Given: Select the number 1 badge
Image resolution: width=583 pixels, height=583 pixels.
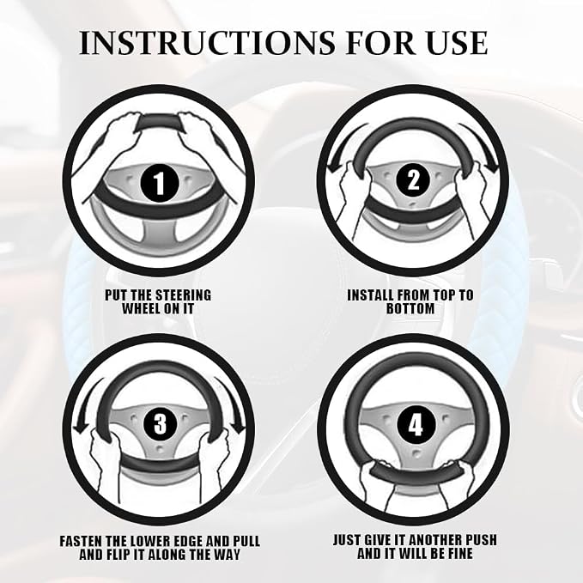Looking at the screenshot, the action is coord(159,183).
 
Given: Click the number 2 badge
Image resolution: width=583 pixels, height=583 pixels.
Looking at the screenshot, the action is coord(413,181).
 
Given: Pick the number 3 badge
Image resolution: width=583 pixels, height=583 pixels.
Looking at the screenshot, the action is coord(161,424).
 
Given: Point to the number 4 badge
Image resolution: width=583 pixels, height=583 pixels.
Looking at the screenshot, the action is coord(416,425).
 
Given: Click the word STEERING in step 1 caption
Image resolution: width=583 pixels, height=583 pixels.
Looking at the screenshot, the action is coord(183,295).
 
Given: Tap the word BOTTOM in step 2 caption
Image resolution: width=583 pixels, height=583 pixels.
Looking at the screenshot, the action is coord(410,308).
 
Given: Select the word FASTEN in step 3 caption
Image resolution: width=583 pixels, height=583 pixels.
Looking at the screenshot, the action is coord(81,541).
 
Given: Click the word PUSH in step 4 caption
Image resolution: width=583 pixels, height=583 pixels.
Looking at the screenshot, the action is coord(479,539).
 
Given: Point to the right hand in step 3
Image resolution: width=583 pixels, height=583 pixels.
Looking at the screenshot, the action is coord(213,465).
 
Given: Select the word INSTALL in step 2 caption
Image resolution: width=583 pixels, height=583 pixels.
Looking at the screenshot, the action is coord(371,295).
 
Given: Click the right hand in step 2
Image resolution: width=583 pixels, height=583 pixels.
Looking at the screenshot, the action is coord(471,197).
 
